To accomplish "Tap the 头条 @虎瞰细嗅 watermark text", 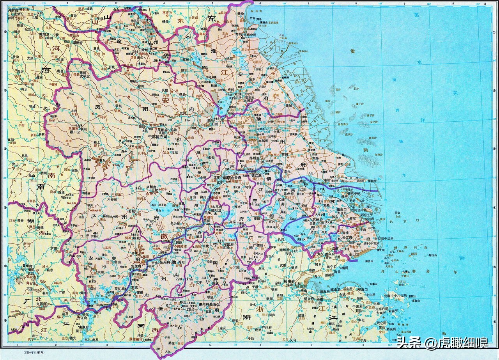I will (442, 343).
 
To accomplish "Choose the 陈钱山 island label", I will (430, 255).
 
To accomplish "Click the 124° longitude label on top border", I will (477, 4).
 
